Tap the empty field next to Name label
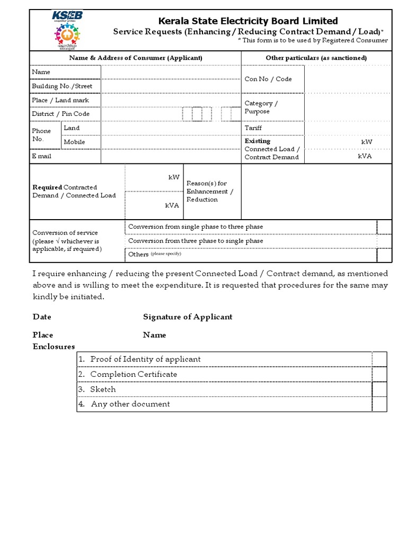click(x=171, y=72)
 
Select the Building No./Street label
click(x=62, y=86)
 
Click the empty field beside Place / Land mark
click(x=171, y=100)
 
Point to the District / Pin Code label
click(x=60, y=114)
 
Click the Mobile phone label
click(x=74, y=142)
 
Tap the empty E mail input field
click(x=171, y=157)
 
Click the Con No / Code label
click(x=268, y=79)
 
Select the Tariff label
click(x=253, y=128)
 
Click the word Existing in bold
click(x=257, y=141)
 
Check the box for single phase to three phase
click(x=384, y=227)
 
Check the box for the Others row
click(x=384, y=255)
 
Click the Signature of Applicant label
click(x=188, y=317)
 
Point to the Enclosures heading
click(x=54, y=347)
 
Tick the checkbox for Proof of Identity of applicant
click(x=379, y=359)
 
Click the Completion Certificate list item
click(x=134, y=374)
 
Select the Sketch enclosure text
click(x=103, y=389)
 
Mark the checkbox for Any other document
click(x=379, y=404)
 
